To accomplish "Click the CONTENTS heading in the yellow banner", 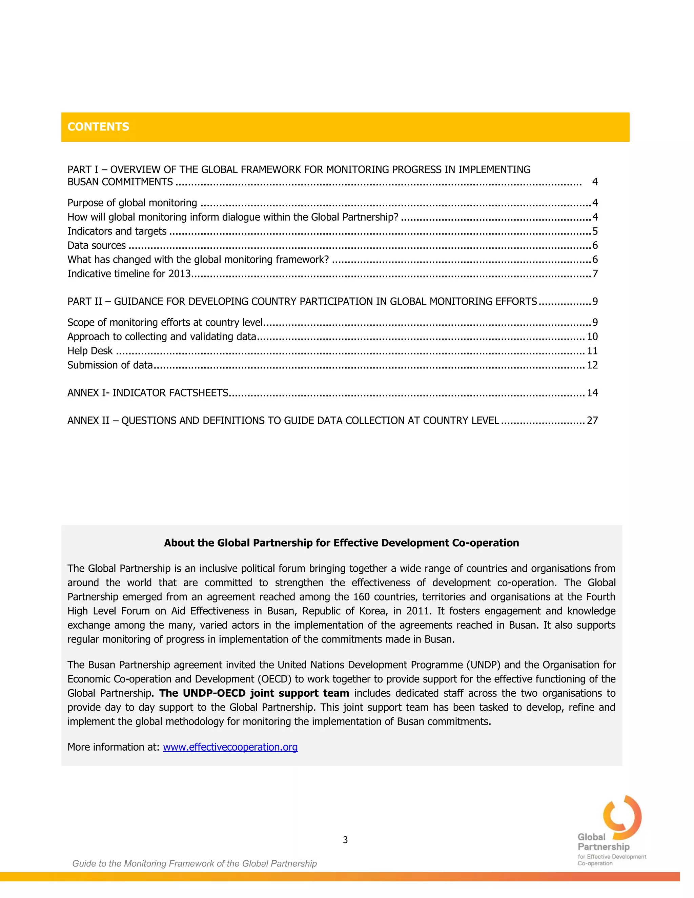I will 98,127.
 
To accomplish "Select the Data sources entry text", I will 97,245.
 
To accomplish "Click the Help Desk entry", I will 90,351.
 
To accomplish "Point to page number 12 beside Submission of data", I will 592,365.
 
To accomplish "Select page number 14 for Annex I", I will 592,393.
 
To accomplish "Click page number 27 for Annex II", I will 592,421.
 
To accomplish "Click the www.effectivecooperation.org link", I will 230,747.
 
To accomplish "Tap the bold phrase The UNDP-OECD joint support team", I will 254,693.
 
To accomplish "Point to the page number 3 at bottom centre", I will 345,840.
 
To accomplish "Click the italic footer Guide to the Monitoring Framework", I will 195,863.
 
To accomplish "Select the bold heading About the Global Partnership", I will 341,543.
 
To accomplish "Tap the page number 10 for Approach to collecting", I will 592,337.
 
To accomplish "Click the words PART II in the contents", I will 85,302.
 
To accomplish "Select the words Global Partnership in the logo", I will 603,842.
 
